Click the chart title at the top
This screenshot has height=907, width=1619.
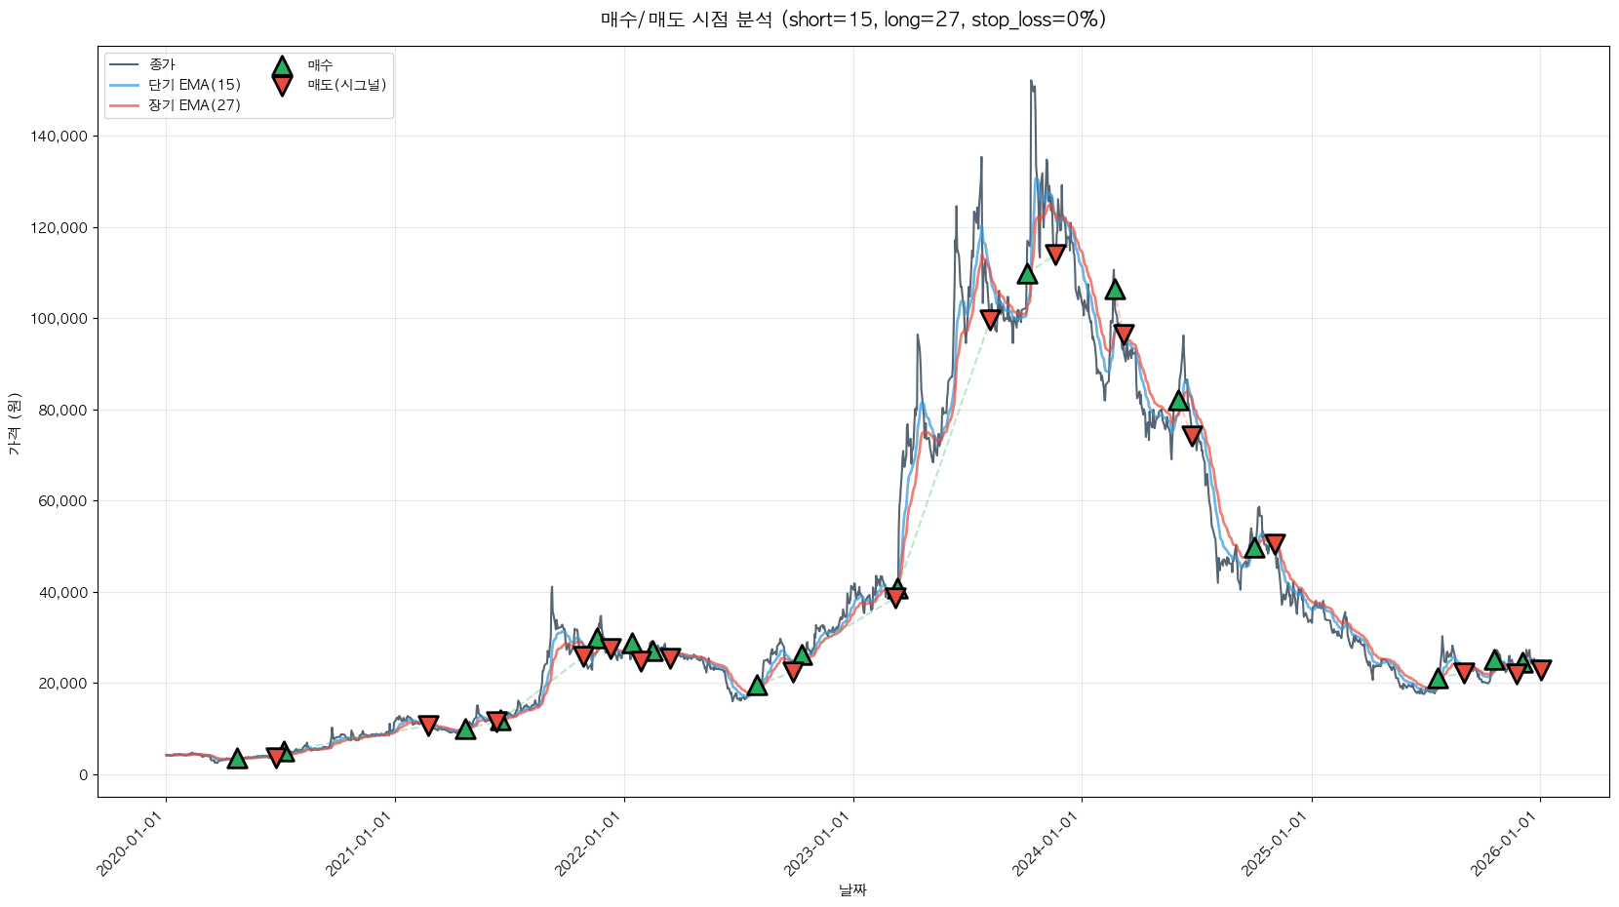pos(852,20)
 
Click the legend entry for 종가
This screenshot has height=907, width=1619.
pos(162,64)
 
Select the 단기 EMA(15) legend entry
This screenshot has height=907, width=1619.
pos(194,85)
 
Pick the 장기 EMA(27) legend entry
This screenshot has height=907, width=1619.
pos(194,105)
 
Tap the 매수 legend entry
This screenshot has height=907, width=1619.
pos(320,65)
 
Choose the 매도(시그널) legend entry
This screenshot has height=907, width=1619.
pos(347,85)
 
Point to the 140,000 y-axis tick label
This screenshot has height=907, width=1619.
pos(59,137)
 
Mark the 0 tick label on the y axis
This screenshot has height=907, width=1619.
pos(84,775)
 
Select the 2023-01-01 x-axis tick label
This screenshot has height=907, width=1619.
pos(817,844)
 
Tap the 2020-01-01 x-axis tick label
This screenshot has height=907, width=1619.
pos(130,844)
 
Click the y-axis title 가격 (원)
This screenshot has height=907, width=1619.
pos(14,424)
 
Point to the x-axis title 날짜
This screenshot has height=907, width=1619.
pos(852,889)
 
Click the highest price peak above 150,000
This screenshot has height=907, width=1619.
pos(1031,82)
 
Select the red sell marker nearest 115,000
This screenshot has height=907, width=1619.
pos(1055,255)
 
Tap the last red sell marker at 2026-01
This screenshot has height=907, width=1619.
pos(1541,669)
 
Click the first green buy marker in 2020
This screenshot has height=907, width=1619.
pos(237,759)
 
